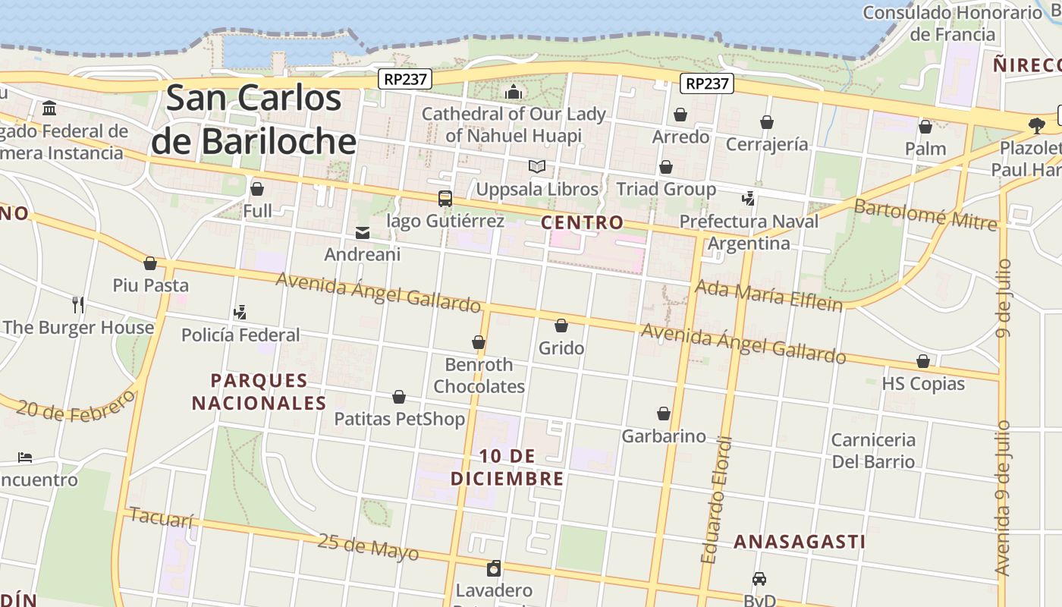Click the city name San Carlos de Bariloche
point(253,120)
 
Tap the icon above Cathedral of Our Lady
point(514,93)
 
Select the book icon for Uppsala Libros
point(537,167)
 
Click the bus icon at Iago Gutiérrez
point(445,199)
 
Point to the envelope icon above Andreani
point(363,233)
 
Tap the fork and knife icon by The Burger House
point(78,305)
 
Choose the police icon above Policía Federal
point(240,312)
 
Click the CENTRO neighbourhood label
point(582,223)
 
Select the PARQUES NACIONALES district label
point(259,392)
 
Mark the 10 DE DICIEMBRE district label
point(507,467)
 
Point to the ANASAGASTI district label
point(800,542)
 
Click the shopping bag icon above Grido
point(561,326)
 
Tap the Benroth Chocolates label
point(479,376)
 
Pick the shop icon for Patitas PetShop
point(399,397)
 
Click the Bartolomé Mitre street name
point(925,214)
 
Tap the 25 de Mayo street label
point(368,546)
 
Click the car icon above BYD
point(759,578)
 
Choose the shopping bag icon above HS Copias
point(923,361)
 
